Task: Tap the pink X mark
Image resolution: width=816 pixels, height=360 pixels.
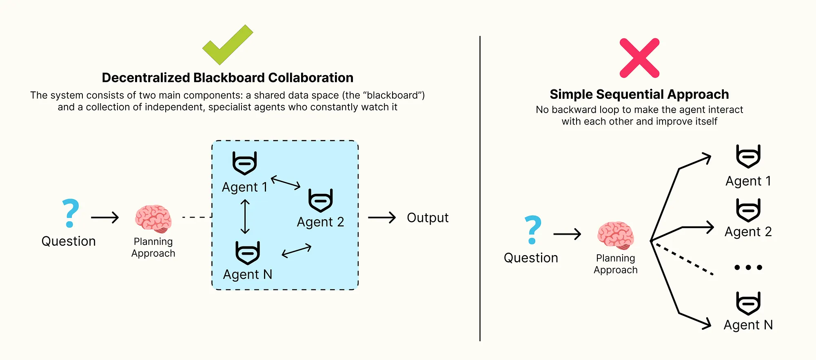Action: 639,58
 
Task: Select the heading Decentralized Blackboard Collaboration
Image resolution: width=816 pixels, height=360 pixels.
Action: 227,78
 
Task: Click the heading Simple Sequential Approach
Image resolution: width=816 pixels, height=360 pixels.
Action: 639,94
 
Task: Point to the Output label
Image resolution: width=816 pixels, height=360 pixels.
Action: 428,218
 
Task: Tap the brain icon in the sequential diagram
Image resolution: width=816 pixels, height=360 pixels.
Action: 616,235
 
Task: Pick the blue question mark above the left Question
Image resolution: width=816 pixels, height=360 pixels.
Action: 70,213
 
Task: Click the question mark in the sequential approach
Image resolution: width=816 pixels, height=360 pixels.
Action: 532,230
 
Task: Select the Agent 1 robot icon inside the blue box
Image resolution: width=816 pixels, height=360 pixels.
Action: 244,163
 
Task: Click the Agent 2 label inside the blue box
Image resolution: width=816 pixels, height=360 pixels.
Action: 320,222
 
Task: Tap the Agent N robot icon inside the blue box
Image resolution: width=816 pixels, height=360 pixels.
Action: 248,253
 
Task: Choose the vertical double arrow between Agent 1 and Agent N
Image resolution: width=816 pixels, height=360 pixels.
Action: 245,216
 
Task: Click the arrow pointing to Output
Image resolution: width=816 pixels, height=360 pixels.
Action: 382,218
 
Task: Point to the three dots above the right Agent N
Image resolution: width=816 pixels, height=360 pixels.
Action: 748,268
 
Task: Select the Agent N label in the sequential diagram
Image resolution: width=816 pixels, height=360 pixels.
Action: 748,325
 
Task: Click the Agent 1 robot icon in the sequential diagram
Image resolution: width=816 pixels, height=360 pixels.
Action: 748,156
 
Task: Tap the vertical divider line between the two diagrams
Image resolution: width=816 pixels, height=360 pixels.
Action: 480,188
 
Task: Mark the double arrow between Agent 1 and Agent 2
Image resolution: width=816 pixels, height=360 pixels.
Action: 286,182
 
